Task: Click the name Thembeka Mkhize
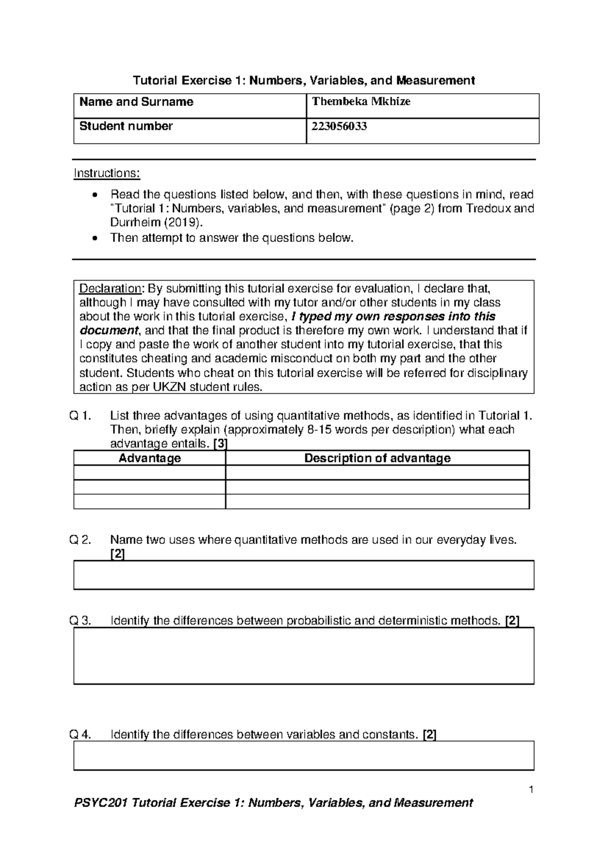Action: pos(361,102)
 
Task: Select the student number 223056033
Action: pos(339,127)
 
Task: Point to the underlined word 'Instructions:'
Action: pos(107,174)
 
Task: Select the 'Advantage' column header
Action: pos(149,458)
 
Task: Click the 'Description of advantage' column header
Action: pos(377,458)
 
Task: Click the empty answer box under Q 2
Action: pos(304,575)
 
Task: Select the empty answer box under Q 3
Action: pos(304,656)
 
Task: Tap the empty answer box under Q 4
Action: pos(304,756)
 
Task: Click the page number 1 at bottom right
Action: pos(531,790)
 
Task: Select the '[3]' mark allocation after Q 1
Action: pos(220,444)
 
